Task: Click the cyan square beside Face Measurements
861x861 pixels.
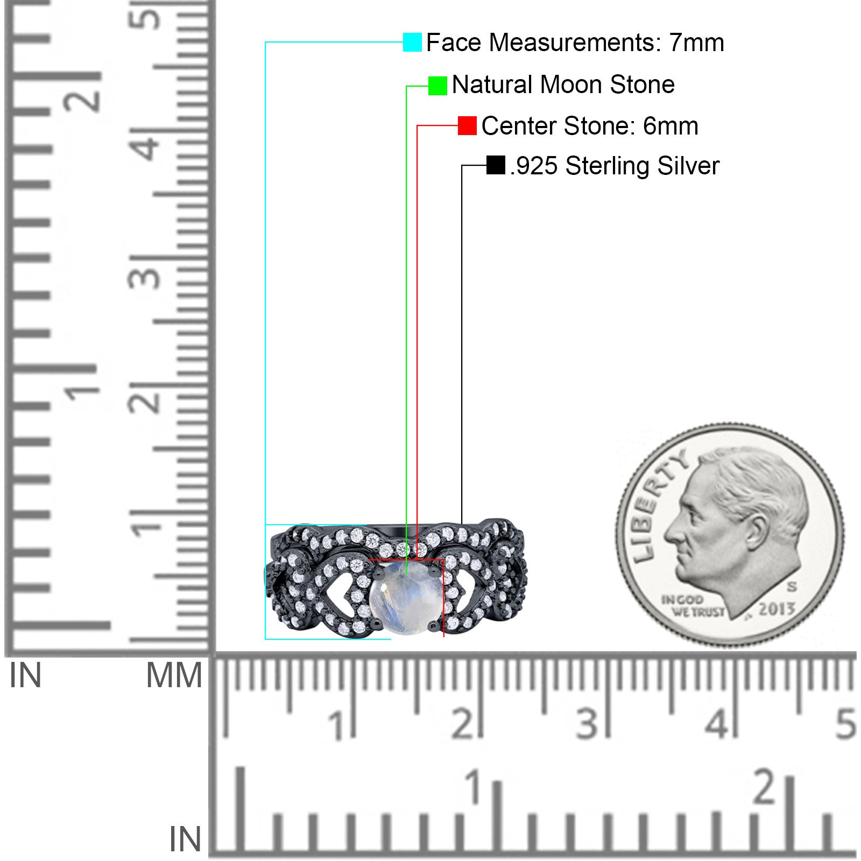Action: [x=412, y=42]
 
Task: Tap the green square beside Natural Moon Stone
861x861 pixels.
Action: [x=437, y=86]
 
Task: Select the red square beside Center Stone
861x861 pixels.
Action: [x=467, y=126]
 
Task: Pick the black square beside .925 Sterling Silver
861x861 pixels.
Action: [x=496, y=165]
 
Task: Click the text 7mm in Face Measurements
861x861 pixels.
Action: [x=697, y=43]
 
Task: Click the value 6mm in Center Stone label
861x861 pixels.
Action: [x=671, y=126]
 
